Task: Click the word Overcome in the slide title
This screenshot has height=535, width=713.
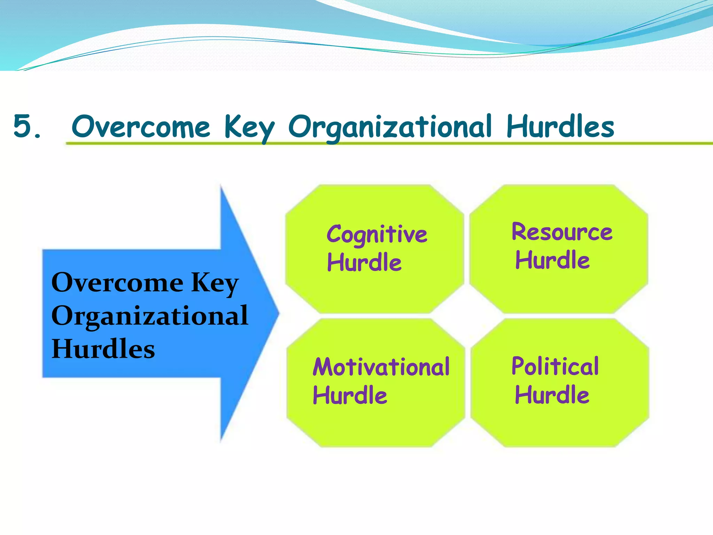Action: click(x=141, y=126)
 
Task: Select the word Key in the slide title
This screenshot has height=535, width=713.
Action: click(x=249, y=127)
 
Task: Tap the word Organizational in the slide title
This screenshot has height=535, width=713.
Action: click(x=390, y=127)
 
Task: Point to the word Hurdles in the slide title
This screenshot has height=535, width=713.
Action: click(x=560, y=126)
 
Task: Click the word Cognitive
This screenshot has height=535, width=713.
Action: click(x=377, y=234)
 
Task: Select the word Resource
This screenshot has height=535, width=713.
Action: click(x=562, y=232)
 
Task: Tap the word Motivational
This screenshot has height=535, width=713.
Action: click(x=381, y=367)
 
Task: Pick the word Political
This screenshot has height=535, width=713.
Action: click(x=555, y=366)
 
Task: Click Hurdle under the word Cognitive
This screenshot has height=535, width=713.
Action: click(x=364, y=262)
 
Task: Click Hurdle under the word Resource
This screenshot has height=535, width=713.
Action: click(x=553, y=260)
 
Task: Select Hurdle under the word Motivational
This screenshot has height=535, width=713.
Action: click(x=350, y=395)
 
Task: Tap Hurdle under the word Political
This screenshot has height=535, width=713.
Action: click(x=552, y=395)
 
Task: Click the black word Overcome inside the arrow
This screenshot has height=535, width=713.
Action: click(x=117, y=282)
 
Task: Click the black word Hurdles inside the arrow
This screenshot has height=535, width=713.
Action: click(x=103, y=349)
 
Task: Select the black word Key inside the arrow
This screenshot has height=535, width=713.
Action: click(x=215, y=283)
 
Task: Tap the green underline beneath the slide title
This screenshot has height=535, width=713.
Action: click(x=383, y=143)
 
